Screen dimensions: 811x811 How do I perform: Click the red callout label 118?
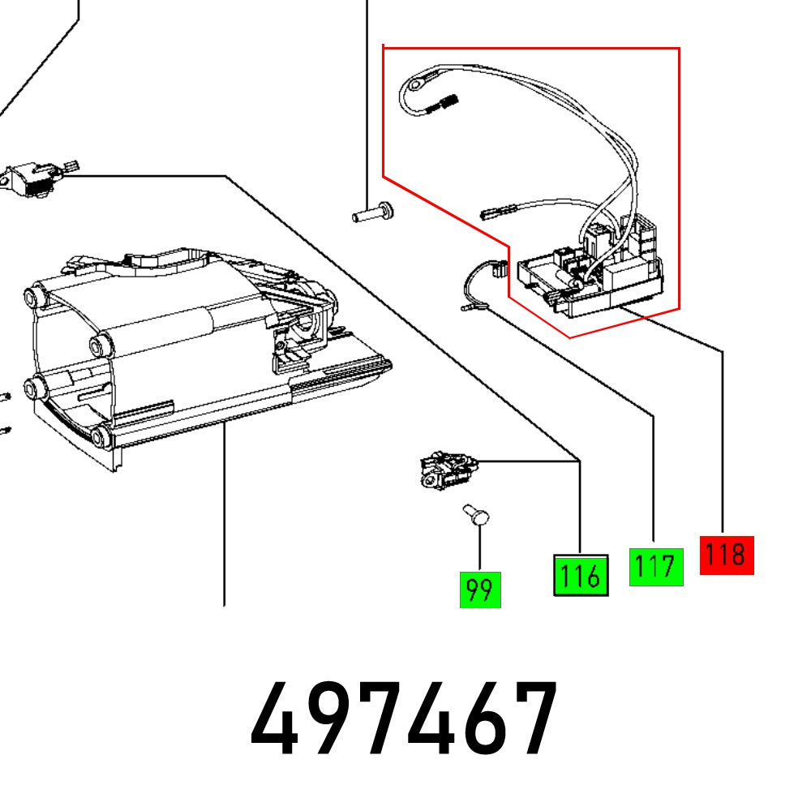(726, 556)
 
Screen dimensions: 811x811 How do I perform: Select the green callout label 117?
(656, 566)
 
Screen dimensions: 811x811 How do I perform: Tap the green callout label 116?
(580, 576)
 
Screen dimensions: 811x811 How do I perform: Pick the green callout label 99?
(480, 590)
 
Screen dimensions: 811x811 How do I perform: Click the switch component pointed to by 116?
(444, 471)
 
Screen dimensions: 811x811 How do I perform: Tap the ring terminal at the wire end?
(415, 83)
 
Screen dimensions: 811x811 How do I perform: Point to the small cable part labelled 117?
(478, 284)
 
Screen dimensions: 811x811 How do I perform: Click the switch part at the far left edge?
(32, 176)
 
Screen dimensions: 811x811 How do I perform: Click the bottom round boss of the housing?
(99, 437)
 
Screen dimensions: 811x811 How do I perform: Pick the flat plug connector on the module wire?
(492, 215)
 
